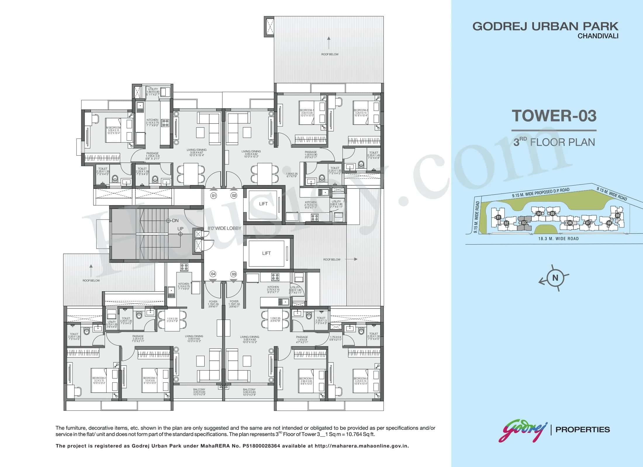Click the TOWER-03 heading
(x=554, y=116)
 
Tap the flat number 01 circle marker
(x=214, y=196)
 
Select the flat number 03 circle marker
(x=234, y=274)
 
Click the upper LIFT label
(x=263, y=204)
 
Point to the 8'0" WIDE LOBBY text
(x=224, y=228)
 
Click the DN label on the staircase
(x=175, y=221)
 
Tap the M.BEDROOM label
(x=113, y=128)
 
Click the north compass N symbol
(x=555, y=278)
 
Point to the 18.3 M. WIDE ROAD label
(x=558, y=238)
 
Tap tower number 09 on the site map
(x=617, y=215)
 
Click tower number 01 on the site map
(x=498, y=217)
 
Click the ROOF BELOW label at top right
(x=330, y=54)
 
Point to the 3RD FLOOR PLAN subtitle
(x=554, y=142)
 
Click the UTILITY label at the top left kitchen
(x=153, y=89)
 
